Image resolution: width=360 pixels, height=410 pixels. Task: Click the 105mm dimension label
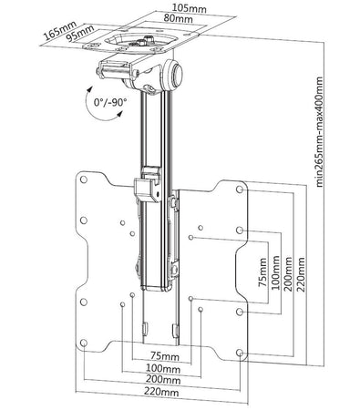(x=190, y=8)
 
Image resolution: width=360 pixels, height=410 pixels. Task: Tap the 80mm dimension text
(x=178, y=18)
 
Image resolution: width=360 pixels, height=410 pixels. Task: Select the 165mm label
(x=60, y=31)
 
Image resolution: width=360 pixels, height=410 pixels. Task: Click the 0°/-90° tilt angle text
(x=110, y=102)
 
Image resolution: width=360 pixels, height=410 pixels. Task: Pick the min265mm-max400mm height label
(x=320, y=131)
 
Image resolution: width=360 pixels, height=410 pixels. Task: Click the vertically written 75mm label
(x=262, y=272)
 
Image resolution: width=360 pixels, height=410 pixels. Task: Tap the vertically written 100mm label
(x=275, y=272)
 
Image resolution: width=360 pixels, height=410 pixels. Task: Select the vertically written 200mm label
(x=288, y=274)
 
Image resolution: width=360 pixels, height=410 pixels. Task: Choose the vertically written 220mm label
(x=301, y=274)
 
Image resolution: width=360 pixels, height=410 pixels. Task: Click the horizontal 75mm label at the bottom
(x=165, y=356)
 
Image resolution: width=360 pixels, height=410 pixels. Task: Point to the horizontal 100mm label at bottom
(x=163, y=368)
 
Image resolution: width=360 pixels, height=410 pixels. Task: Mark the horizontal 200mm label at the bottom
(x=163, y=380)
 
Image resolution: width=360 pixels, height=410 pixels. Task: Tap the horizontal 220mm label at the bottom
(x=161, y=392)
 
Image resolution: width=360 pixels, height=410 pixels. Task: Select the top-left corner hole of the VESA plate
(x=83, y=179)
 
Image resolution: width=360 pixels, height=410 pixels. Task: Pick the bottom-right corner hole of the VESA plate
(x=240, y=353)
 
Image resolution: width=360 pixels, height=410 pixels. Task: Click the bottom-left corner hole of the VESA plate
(x=84, y=343)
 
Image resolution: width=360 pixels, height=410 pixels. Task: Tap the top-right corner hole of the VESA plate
(x=240, y=190)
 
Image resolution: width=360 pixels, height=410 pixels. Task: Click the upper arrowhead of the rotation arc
(x=90, y=89)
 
